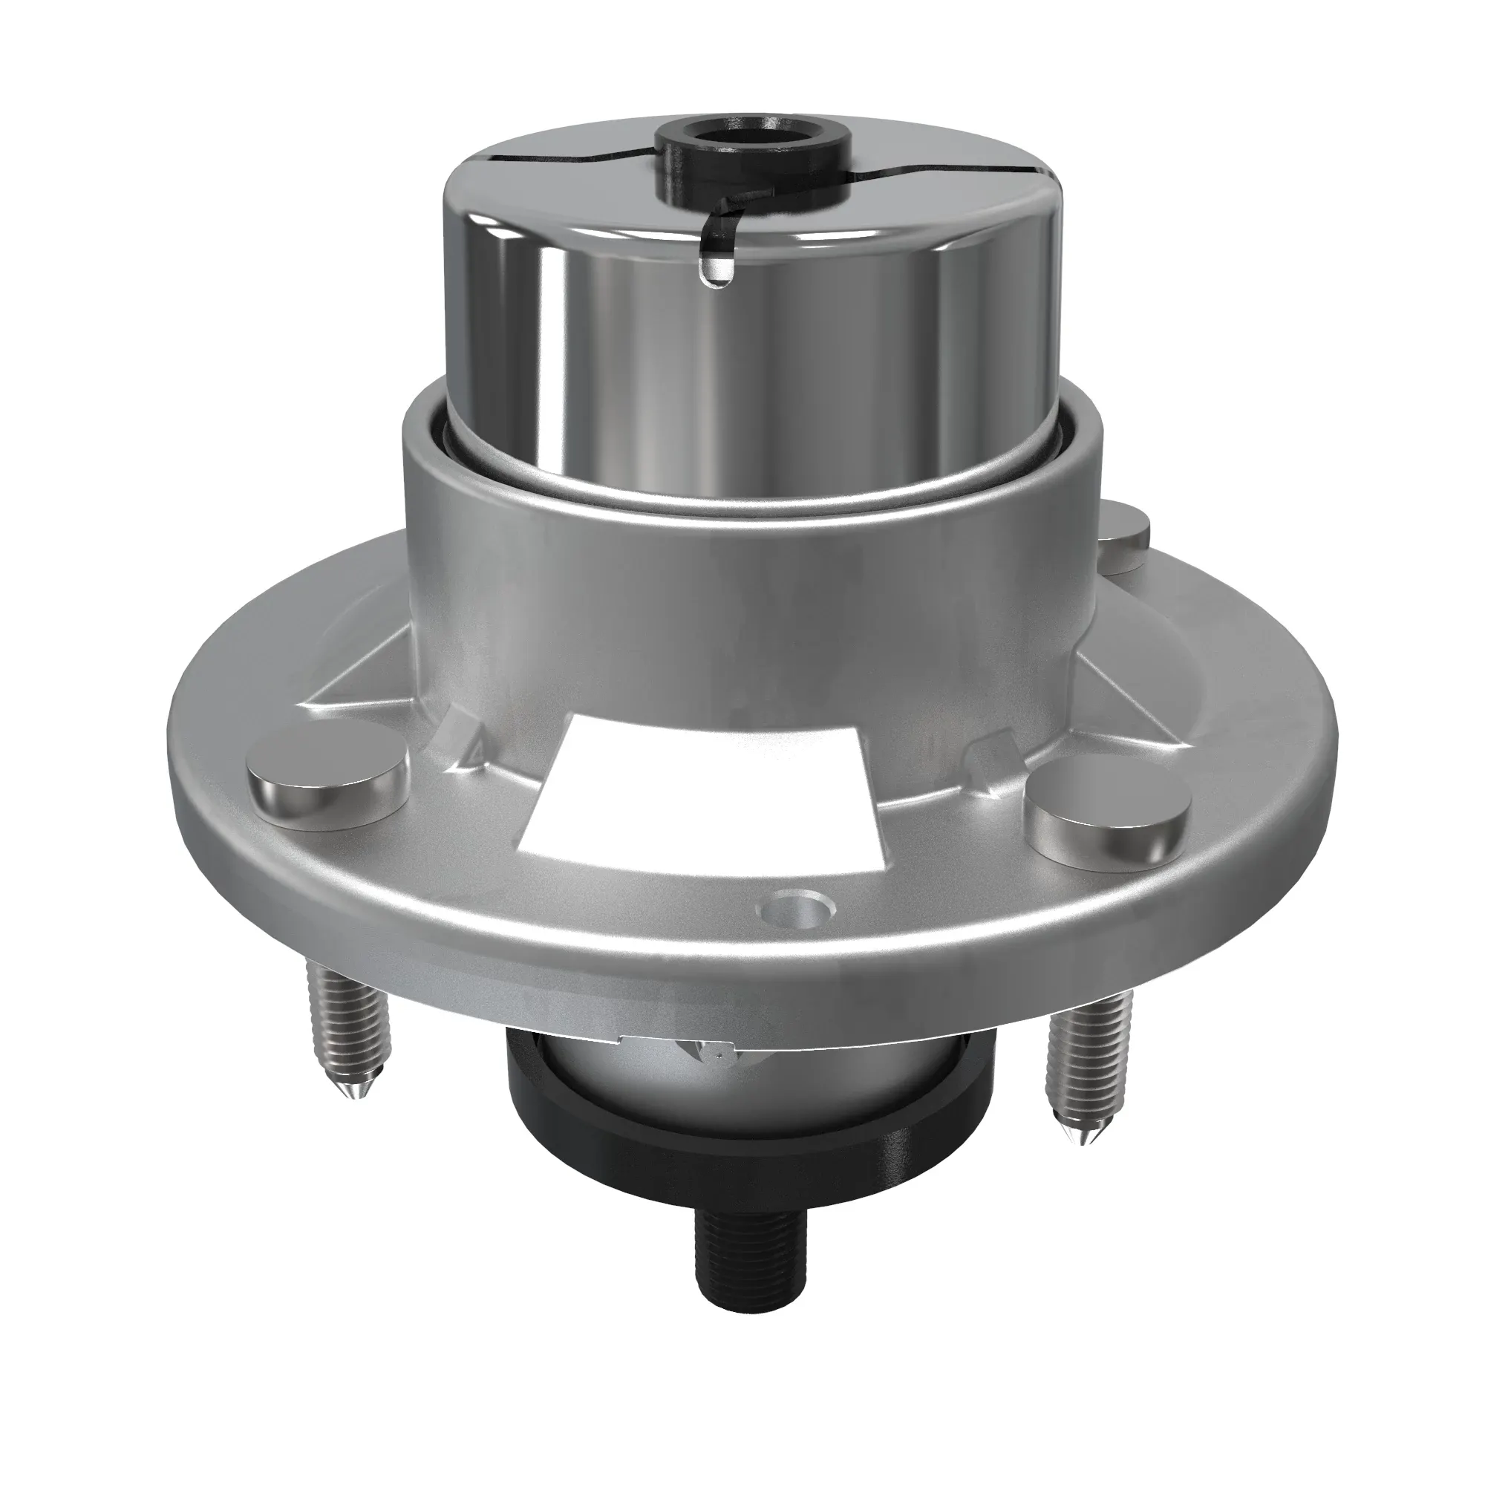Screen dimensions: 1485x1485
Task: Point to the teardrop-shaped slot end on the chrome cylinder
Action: tap(716, 270)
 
